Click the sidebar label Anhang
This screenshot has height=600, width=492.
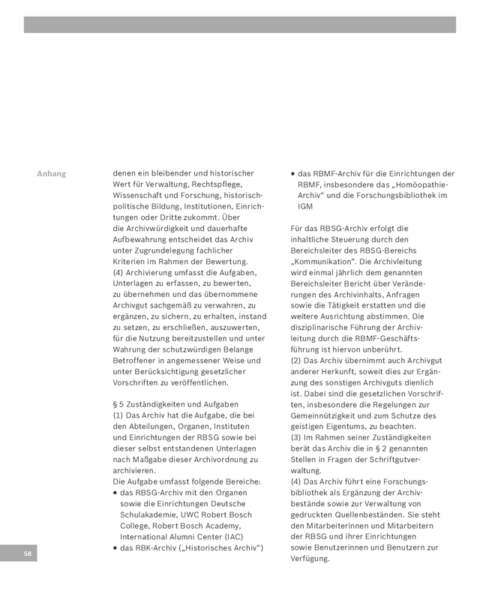tap(51, 174)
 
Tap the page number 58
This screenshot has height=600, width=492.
tap(27, 553)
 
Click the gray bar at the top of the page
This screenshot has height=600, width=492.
tap(239, 25)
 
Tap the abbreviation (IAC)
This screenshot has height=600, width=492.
tap(232, 536)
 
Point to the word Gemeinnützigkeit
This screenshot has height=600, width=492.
tap(325, 415)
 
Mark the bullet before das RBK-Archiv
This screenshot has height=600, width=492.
tap(115, 547)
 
